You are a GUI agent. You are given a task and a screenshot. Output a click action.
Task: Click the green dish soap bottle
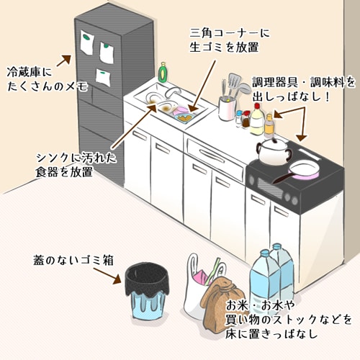point(163,72)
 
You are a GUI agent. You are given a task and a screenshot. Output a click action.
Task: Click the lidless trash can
point(147,291)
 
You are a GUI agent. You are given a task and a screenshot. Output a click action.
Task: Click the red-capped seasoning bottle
point(257,119)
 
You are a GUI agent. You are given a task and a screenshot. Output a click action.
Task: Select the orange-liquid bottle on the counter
point(269,126)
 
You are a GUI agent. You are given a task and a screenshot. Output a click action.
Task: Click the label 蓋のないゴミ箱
point(73,260)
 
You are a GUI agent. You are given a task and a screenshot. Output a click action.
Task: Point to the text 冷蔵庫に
point(30,71)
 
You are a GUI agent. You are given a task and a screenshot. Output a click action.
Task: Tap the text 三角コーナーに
point(230,33)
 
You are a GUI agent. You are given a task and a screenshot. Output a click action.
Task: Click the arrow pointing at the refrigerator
point(64,60)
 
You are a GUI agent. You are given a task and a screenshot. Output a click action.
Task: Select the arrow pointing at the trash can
point(107,276)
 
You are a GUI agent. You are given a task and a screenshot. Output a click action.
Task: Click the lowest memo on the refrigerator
point(103,77)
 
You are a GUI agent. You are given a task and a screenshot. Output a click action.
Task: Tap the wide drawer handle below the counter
point(211,156)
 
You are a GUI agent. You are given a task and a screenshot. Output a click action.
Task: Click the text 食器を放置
point(64,172)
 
